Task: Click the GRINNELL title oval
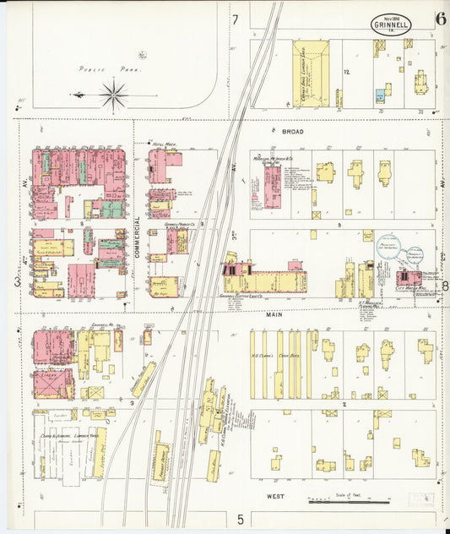click(x=391, y=23)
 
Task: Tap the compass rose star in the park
click(x=114, y=94)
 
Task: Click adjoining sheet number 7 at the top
click(x=236, y=19)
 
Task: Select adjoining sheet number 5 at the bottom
click(x=240, y=518)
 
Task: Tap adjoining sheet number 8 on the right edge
click(x=445, y=286)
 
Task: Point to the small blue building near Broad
click(x=380, y=96)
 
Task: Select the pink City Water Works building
click(x=410, y=278)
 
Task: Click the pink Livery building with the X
click(x=53, y=384)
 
